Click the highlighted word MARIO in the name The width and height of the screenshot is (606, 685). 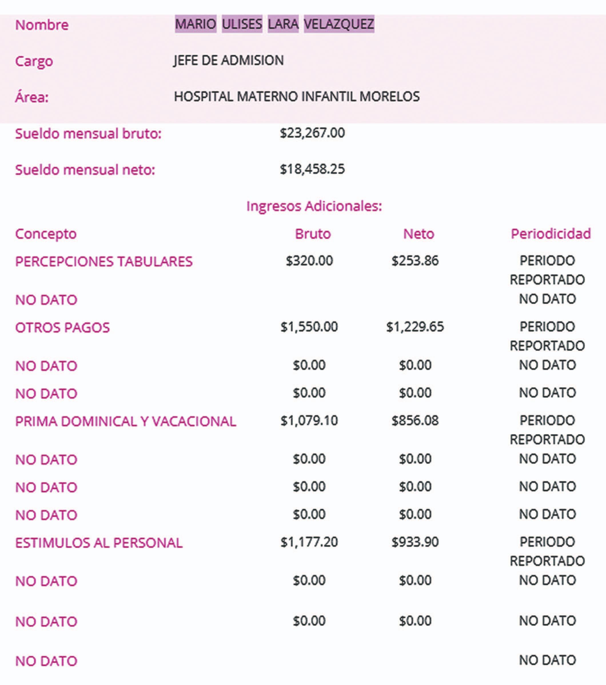(x=196, y=24)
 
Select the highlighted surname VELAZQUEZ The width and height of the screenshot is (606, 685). (x=339, y=24)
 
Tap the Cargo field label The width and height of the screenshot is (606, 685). (x=34, y=61)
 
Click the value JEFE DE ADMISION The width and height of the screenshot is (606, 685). (x=228, y=60)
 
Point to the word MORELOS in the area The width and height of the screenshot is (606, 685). (x=389, y=97)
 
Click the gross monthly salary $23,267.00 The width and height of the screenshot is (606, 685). (x=312, y=133)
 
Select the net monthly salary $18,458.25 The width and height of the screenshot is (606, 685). (x=312, y=169)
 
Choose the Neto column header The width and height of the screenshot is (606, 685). (x=418, y=234)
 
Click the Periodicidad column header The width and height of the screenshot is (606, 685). (x=550, y=234)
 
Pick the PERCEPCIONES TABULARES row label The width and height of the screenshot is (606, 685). (x=104, y=261)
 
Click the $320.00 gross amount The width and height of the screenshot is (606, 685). (x=309, y=261)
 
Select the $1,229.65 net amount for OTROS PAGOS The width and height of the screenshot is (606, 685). (x=415, y=327)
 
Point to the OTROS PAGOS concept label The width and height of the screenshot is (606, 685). (x=62, y=327)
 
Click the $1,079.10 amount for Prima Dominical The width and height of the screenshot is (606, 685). (x=309, y=420)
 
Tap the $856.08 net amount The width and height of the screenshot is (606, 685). (x=415, y=420)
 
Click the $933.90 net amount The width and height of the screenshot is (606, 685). (x=415, y=542)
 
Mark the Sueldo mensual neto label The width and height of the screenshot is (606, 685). (x=85, y=170)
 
